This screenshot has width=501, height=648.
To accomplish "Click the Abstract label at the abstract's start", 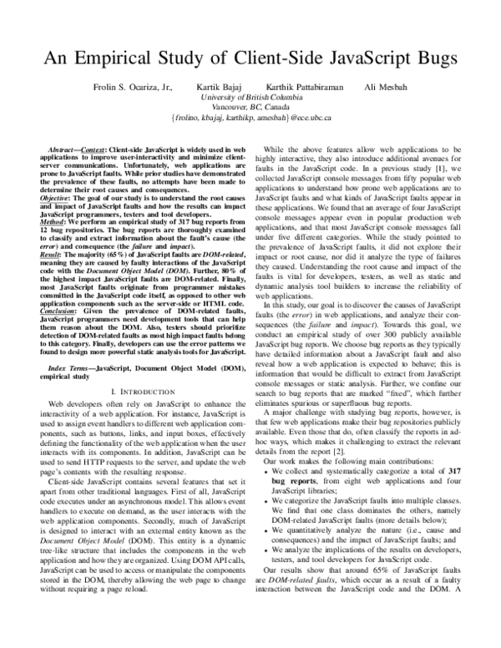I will point(63,147).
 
